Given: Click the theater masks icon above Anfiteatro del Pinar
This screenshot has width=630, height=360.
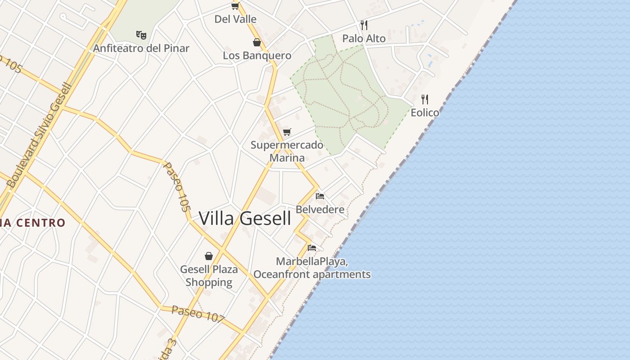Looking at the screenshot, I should coord(141,35).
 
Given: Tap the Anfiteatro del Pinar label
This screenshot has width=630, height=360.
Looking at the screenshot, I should coord(141,48).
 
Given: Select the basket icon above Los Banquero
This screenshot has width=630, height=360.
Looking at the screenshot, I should coord(257,42).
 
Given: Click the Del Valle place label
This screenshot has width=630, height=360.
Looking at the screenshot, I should coord(235,19).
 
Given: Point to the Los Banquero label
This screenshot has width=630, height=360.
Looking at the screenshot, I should coord(257,55).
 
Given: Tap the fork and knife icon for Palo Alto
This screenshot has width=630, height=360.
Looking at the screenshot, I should coord(364,25).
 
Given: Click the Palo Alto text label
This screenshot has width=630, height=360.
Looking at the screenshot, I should coord(364,39).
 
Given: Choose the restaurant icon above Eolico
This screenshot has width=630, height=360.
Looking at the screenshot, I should coord(425,99).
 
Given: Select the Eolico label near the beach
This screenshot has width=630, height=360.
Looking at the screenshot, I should coord(425,112).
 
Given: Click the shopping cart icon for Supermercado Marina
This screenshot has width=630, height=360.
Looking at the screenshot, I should coord(287,132).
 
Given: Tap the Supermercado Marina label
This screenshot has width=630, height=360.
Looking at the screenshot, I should coord(287,151).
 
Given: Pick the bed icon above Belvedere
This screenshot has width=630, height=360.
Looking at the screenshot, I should coord(320,196).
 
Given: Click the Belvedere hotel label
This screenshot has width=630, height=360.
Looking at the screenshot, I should coord(320,209).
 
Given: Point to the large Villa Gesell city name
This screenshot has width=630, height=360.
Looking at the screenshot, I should coord(245,219).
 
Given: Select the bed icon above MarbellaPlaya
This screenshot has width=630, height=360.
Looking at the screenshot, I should coord(312,247).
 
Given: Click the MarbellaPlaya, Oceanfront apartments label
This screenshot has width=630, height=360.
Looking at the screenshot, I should coord(312,268).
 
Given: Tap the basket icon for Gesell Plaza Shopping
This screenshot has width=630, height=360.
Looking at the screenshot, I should coord(209,256).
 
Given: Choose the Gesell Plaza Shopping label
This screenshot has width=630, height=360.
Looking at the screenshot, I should coord(209,276).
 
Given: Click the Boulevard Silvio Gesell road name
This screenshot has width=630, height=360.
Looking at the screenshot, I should coord(40,135).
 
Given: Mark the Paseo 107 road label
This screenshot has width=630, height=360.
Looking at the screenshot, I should coord(198,314).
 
